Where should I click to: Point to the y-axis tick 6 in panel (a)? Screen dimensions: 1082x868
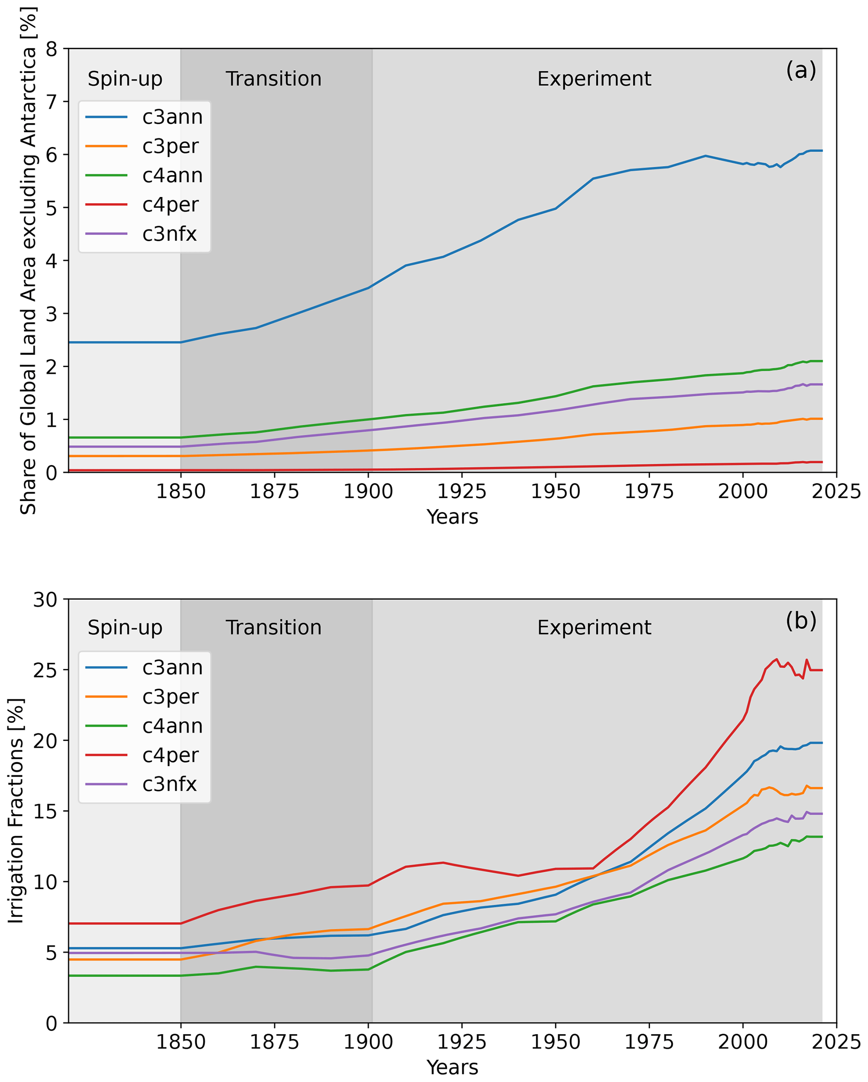click(52, 155)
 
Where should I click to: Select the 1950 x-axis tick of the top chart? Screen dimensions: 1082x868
click(556, 492)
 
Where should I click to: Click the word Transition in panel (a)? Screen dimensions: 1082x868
click(273, 79)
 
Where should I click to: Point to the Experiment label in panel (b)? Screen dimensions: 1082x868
click(594, 628)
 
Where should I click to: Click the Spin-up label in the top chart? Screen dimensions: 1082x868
click(125, 79)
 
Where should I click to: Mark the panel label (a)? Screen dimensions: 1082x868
click(801, 70)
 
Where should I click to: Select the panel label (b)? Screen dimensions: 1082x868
click(801, 621)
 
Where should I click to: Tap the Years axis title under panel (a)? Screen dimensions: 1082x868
click(452, 517)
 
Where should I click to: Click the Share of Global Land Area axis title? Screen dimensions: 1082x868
click(28, 261)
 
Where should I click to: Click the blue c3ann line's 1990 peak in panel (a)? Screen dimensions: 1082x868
click(705, 155)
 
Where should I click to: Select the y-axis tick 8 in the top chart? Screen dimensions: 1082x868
click(52, 49)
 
